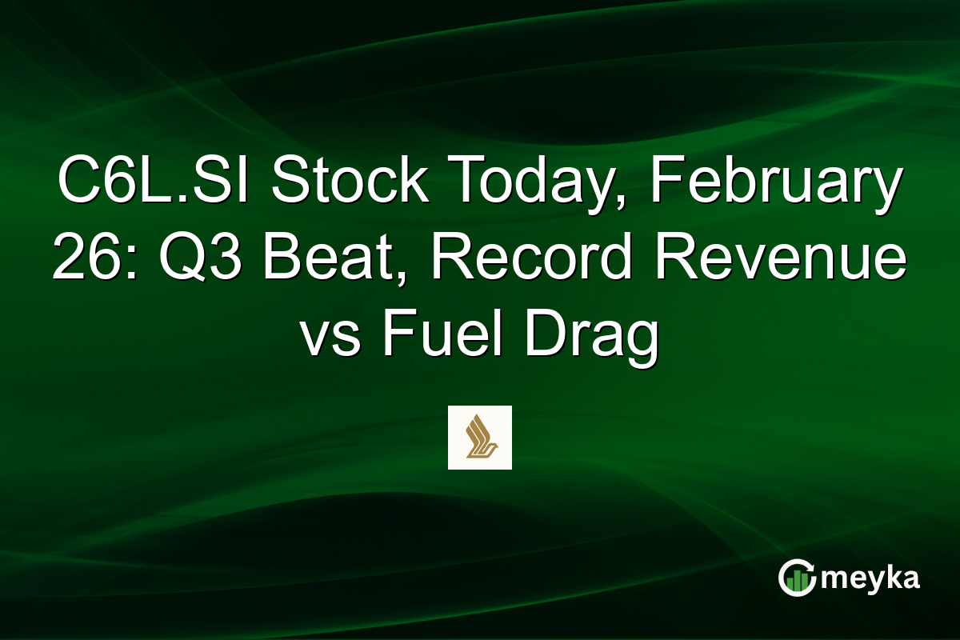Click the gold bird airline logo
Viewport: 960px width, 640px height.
tap(479, 437)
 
